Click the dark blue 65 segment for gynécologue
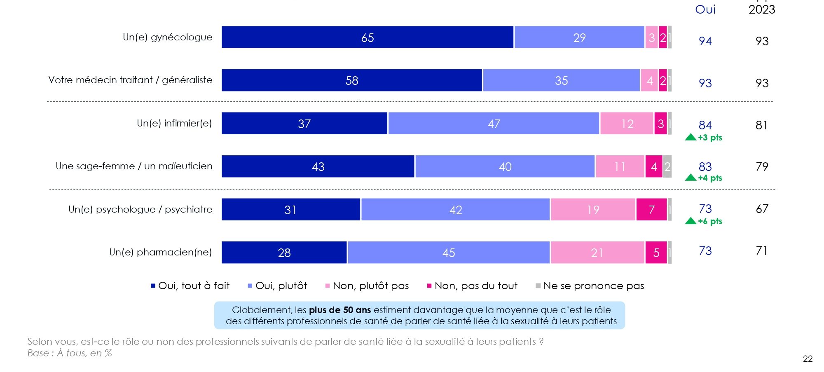click(x=368, y=37)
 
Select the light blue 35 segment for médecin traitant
click(x=561, y=80)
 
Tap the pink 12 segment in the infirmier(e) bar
click(x=627, y=124)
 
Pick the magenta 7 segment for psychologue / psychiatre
click(x=651, y=210)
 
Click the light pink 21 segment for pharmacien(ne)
click(x=597, y=253)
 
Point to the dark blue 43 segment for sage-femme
click(x=318, y=166)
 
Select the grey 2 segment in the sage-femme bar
click(x=667, y=166)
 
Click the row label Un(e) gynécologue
click(x=167, y=37)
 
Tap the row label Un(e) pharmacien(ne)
click(x=160, y=252)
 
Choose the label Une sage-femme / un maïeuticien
click(x=134, y=166)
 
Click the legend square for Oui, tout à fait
click(x=153, y=286)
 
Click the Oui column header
click(x=705, y=9)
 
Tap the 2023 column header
click(x=762, y=9)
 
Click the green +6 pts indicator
click(x=709, y=221)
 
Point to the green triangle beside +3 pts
click(x=691, y=137)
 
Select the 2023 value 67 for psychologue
click(x=762, y=209)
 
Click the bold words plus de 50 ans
click(x=340, y=310)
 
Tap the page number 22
click(x=808, y=359)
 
